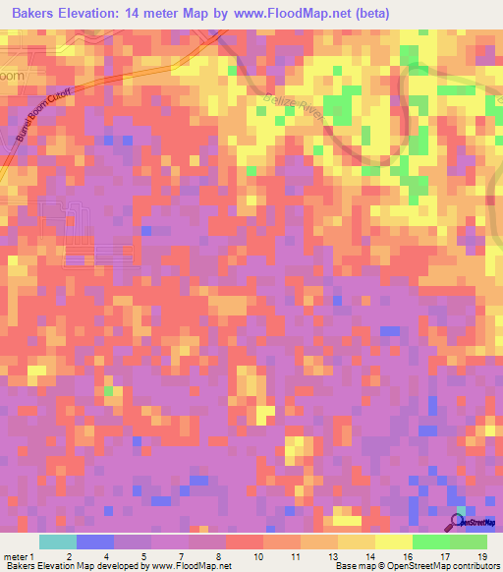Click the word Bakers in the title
click(x=37, y=14)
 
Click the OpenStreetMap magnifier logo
click(x=458, y=522)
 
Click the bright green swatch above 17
click(x=431, y=542)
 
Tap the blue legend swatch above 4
click(x=94, y=542)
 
